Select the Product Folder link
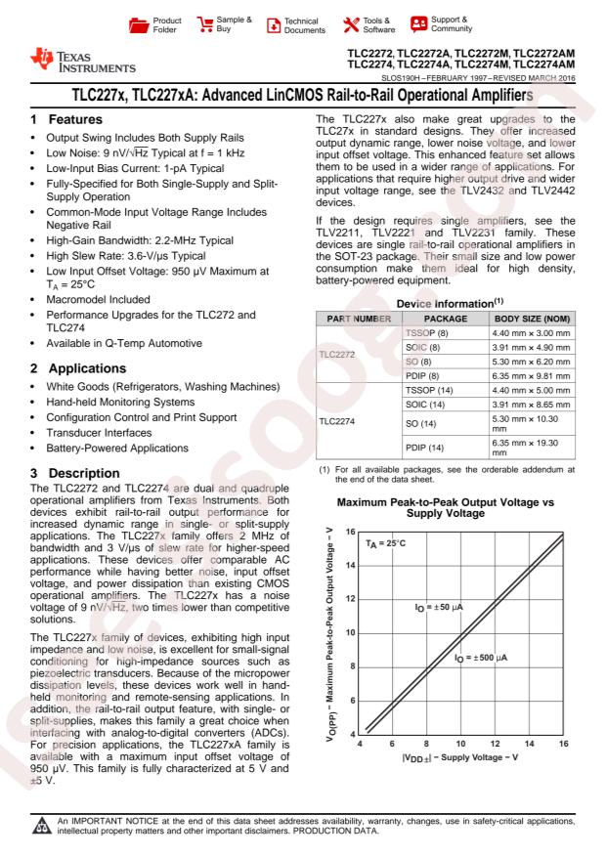click(155, 21)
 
